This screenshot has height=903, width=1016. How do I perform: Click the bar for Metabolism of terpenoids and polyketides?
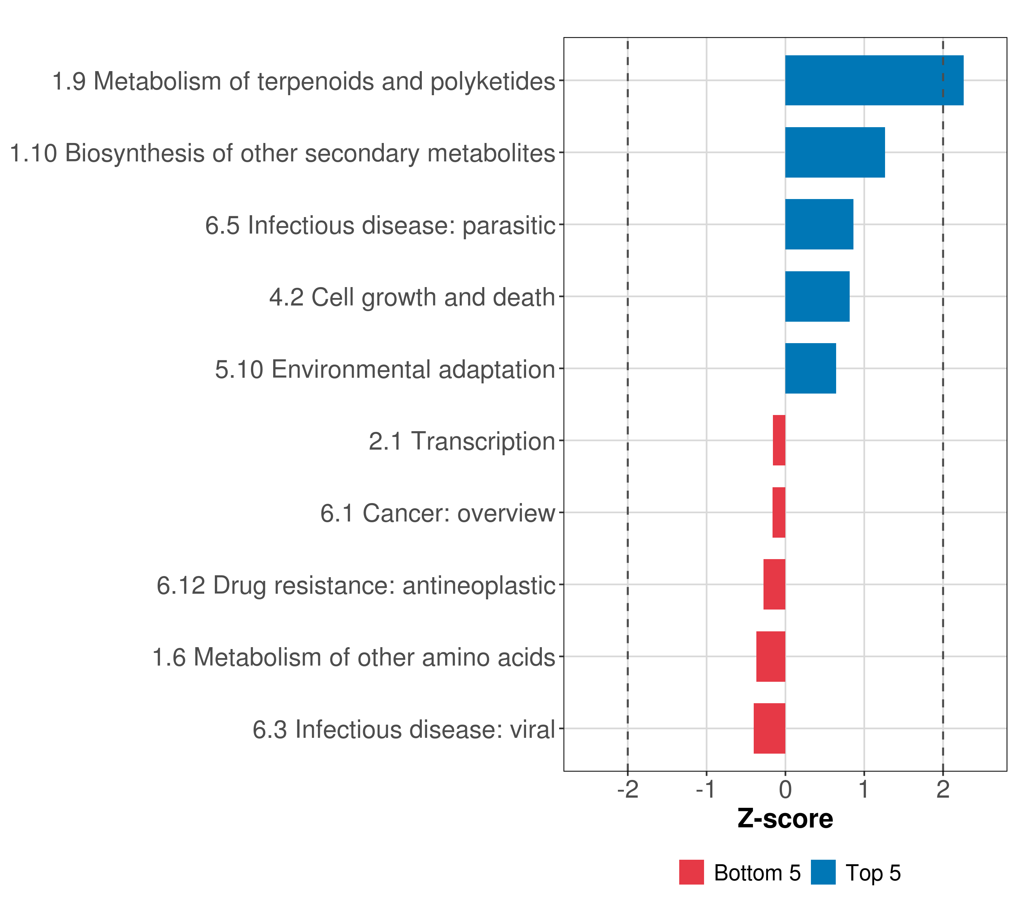pos(874,81)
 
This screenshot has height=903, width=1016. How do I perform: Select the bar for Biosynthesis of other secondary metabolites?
pos(835,153)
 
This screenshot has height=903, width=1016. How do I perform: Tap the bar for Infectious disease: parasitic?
pos(819,224)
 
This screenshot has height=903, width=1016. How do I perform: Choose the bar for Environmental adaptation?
pos(810,368)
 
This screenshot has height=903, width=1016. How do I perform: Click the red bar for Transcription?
pos(779,440)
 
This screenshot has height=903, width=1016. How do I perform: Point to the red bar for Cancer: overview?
pos(779,512)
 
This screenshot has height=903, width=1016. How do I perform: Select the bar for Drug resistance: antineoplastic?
pos(774,584)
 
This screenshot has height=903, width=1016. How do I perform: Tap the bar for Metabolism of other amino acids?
pos(770,657)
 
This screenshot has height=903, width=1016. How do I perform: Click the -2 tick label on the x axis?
pos(627,790)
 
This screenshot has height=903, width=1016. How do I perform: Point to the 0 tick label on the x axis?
pos(785,790)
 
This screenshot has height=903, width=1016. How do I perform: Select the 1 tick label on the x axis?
pos(864,790)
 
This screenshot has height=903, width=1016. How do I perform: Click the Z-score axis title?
pos(785,819)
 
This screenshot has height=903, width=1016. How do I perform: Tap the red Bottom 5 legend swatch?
pos(691,872)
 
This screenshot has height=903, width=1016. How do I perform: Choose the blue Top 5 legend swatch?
pos(823,872)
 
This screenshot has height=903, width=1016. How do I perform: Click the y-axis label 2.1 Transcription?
pos(462,441)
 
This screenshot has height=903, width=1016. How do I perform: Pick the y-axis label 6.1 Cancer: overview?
pos(437,513)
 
